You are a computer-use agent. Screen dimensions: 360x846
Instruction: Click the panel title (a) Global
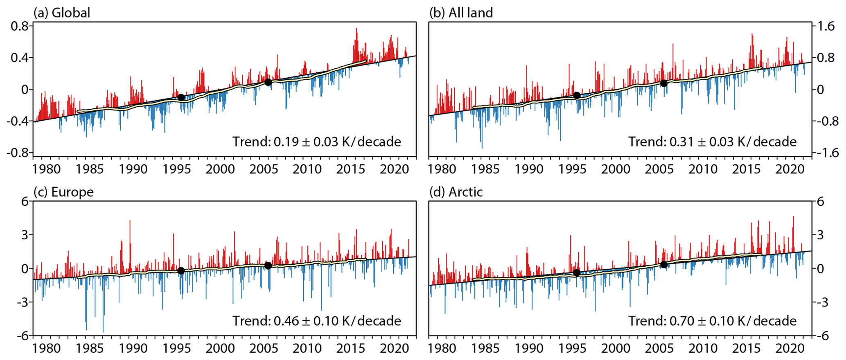pos(62,13)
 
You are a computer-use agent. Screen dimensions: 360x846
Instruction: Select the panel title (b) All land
pos(461,13)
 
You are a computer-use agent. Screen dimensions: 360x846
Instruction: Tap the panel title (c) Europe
pos(63,192)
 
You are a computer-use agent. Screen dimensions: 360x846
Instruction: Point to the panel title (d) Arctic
pos(456,192)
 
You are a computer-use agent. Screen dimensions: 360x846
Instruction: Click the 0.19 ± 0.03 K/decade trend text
pos(317,142)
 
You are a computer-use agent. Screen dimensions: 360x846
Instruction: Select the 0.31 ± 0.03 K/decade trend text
pos(713,142)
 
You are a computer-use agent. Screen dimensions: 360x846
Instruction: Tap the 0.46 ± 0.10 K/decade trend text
pos(317,321)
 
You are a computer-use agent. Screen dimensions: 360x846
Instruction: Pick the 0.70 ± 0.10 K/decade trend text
pos(713,321)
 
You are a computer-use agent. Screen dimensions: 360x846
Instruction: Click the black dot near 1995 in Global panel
pos(181,97)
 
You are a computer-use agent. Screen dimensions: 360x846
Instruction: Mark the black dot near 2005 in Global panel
pos(268,82)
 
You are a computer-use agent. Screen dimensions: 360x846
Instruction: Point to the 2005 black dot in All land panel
pos(664,83)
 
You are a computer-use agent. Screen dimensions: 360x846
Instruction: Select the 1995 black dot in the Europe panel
pos(181,271)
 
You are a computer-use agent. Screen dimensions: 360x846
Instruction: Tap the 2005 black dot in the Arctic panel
pos(664,265)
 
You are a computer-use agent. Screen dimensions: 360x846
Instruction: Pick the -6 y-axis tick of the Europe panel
pos(23,336)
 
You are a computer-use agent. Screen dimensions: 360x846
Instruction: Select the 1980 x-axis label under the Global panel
pos(46,169)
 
